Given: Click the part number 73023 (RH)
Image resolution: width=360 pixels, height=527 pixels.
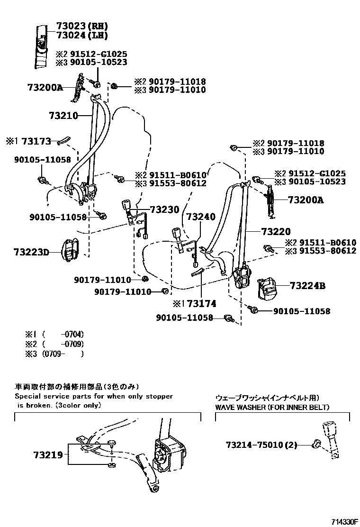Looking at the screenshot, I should tap(81, 27).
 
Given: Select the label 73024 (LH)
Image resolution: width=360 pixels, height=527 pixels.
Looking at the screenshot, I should tap(81, 35).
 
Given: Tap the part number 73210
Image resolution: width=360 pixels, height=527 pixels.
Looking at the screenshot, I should tap(63, 115).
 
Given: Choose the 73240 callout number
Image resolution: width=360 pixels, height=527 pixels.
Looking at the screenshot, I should tap(200, 217).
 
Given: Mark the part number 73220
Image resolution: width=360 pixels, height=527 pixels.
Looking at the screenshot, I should tap(275, 232).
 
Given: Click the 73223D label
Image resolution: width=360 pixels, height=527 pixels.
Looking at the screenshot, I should tap(31, 252).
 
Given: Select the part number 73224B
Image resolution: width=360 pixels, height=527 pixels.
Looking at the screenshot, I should tap(307, 286).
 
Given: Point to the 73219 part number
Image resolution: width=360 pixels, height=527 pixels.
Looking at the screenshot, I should tap(48, 455).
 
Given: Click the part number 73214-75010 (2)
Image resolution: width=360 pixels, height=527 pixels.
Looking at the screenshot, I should tap(261, 445).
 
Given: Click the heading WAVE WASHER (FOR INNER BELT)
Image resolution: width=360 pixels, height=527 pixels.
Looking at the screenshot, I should tap(272, 407).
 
